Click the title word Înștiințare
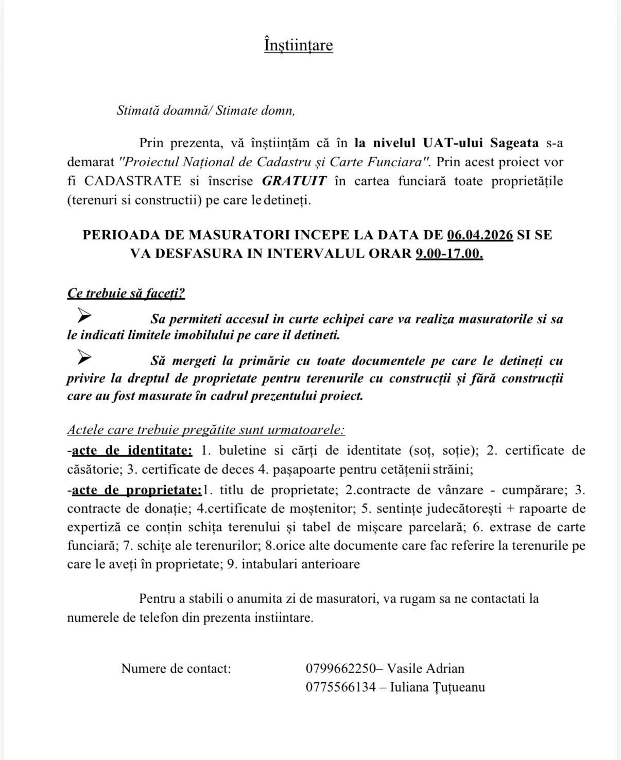pyautogui.click(x=298, y=45)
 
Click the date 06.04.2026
pyautogui.click(x=480, y=235)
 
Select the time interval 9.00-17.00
pyautogui.click(x=449, y=254)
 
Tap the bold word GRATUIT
pyautogui.click(x=295, y=181)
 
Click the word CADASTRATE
pyautogui.click(x=133, y=181)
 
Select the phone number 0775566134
pyautogui.click(x=341, y=687)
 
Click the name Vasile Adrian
pyautogui.click(x=425, y=668)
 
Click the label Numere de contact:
pyautogui.click(x=176, y=668)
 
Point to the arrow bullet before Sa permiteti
pyautogui.click(x=84, y=314)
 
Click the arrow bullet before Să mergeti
pyautogui.click(x=84, y=356)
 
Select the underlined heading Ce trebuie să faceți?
pyautogui.click(x=126, y=293)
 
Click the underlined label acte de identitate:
pyautogui.click(x=132, y=451)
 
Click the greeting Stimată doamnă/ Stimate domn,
pyautogui.click(x=206, y=110)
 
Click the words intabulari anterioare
pyautogui.click(x=301, y=564)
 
